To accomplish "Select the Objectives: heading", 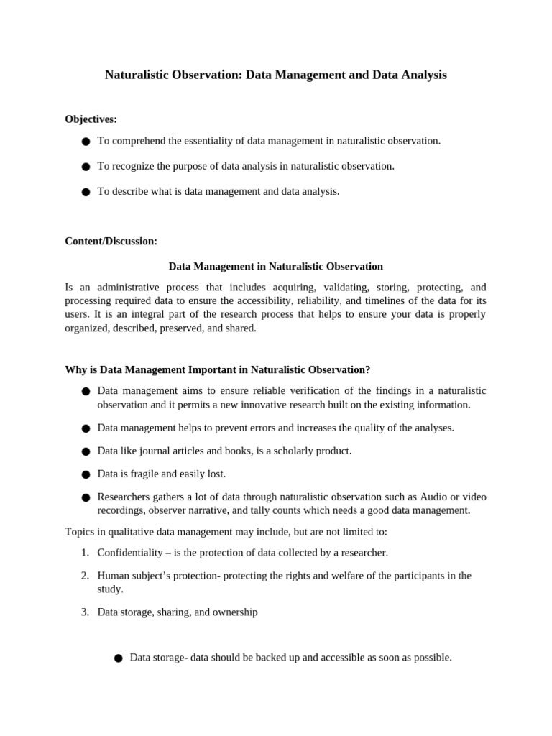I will click(x=91, y=119).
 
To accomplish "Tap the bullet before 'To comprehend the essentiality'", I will click(x=86, y=142).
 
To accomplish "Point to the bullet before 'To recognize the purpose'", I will click(x=86, y=167).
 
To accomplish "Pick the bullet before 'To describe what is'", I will click(x=86, y=193).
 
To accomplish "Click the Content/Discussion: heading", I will click(x=111, y=241).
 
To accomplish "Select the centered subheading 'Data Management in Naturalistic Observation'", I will click(x=275, y=266).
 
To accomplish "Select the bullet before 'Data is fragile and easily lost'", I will click(x=86, y=475).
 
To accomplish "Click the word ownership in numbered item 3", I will click(x=232, y=612).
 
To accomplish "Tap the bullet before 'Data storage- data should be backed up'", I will click(x=118, y=658).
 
